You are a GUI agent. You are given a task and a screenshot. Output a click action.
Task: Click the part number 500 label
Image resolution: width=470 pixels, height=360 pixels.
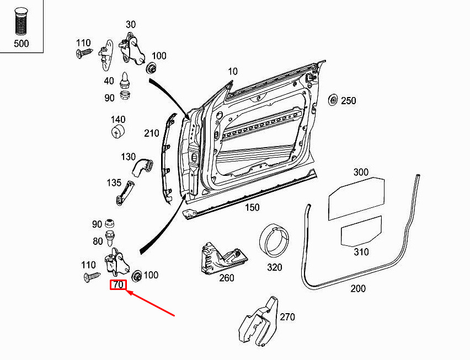point(22,43)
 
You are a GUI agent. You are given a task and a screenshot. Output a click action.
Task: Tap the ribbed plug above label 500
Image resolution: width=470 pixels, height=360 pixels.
point(22,22)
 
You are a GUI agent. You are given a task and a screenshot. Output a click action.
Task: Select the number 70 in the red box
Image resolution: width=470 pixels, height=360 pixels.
point(118,285)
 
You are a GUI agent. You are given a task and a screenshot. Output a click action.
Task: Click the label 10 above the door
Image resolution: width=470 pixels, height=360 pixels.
point(232,71)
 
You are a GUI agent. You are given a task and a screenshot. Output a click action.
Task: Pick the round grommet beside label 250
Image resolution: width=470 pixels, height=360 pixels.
point(333,100)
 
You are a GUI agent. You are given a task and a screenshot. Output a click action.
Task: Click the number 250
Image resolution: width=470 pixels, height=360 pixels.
point(349,101)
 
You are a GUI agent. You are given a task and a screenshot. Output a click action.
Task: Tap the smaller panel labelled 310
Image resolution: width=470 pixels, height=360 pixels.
point(361,230)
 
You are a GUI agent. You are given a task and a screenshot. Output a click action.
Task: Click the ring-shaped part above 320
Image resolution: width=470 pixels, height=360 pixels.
point(275,241)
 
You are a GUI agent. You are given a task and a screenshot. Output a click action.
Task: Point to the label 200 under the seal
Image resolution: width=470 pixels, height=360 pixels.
point(357,288)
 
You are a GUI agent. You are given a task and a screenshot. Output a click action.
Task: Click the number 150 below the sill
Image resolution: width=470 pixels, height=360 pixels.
point(252,207)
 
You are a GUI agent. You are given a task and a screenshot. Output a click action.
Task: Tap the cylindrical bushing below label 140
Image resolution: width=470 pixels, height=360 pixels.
point(117,132)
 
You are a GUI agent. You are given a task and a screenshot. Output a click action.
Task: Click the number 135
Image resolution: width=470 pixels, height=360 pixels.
point(114,182)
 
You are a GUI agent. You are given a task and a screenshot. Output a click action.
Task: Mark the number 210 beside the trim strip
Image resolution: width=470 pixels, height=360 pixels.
point(152,133)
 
